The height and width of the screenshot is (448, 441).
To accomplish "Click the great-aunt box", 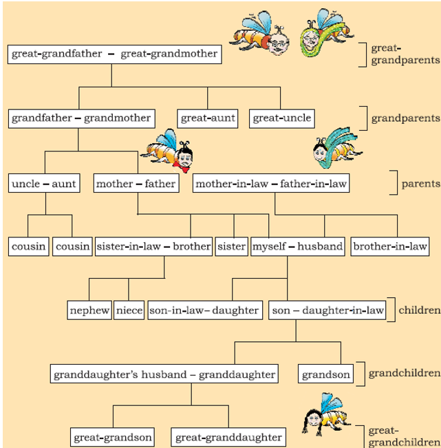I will point(208,118).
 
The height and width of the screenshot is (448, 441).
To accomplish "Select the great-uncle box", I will point(281,118).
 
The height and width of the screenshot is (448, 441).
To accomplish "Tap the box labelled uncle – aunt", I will point(44,184).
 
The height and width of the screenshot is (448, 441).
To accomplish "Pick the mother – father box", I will point(136,184).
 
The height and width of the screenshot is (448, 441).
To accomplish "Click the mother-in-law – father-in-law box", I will point(271,184).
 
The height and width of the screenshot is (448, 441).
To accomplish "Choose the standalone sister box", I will point(232,246).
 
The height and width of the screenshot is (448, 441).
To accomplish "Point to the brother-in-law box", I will point(389,246).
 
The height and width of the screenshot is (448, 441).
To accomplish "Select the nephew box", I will point(89,310).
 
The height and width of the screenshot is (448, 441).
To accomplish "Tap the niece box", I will point(129,310).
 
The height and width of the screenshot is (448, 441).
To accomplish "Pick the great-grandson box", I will point(114,437).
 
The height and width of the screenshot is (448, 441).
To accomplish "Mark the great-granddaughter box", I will point(228,437).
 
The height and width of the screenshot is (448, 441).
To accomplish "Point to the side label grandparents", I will point(405,118).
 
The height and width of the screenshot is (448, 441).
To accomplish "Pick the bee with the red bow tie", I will point(172,151).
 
